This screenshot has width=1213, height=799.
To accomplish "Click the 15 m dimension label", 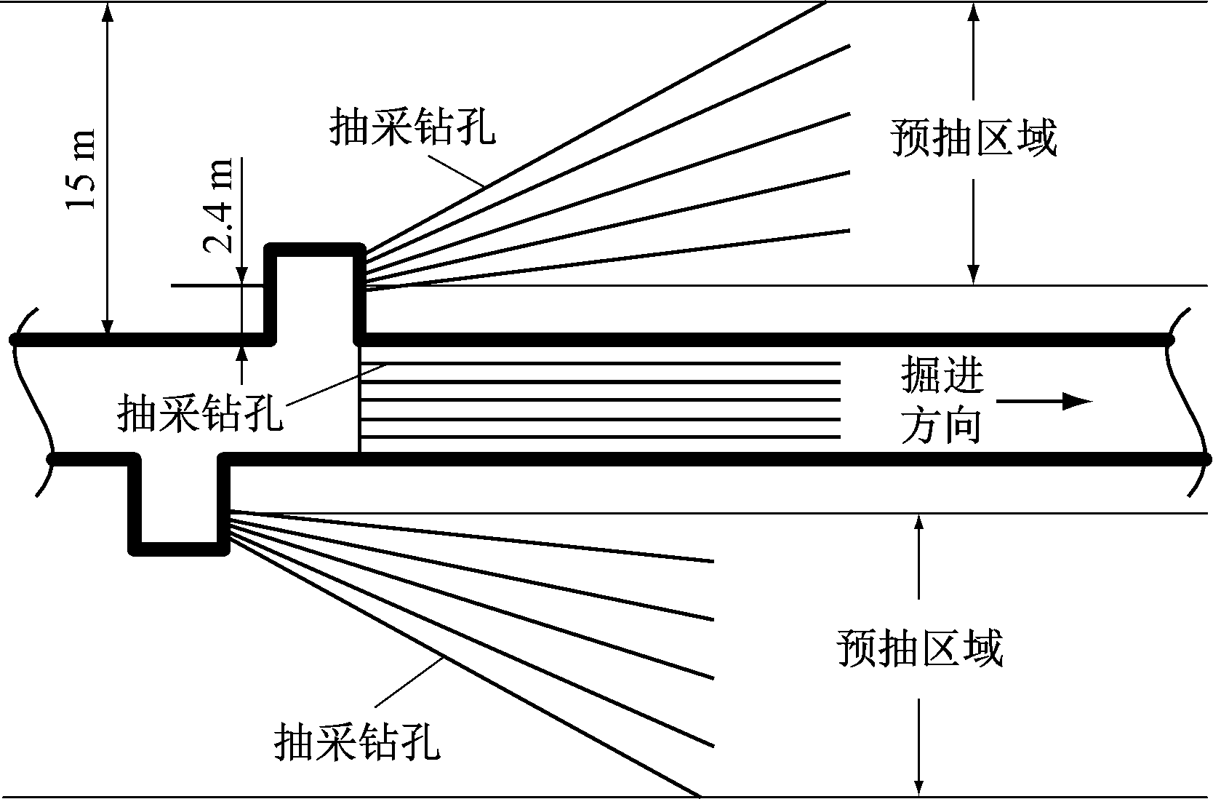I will point(81,169).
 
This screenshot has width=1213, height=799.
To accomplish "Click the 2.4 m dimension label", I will point(218,205).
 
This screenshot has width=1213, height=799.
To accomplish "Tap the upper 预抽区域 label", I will point(974,138).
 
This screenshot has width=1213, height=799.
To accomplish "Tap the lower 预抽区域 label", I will point(920,648).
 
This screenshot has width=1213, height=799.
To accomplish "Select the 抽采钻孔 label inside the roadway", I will point(199,413).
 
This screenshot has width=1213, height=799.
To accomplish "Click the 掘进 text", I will point(942,376).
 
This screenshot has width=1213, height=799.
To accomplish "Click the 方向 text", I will point(942,426).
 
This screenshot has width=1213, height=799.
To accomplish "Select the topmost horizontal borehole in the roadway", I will point(600,362).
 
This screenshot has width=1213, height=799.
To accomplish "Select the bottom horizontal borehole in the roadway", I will point(600,437).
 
